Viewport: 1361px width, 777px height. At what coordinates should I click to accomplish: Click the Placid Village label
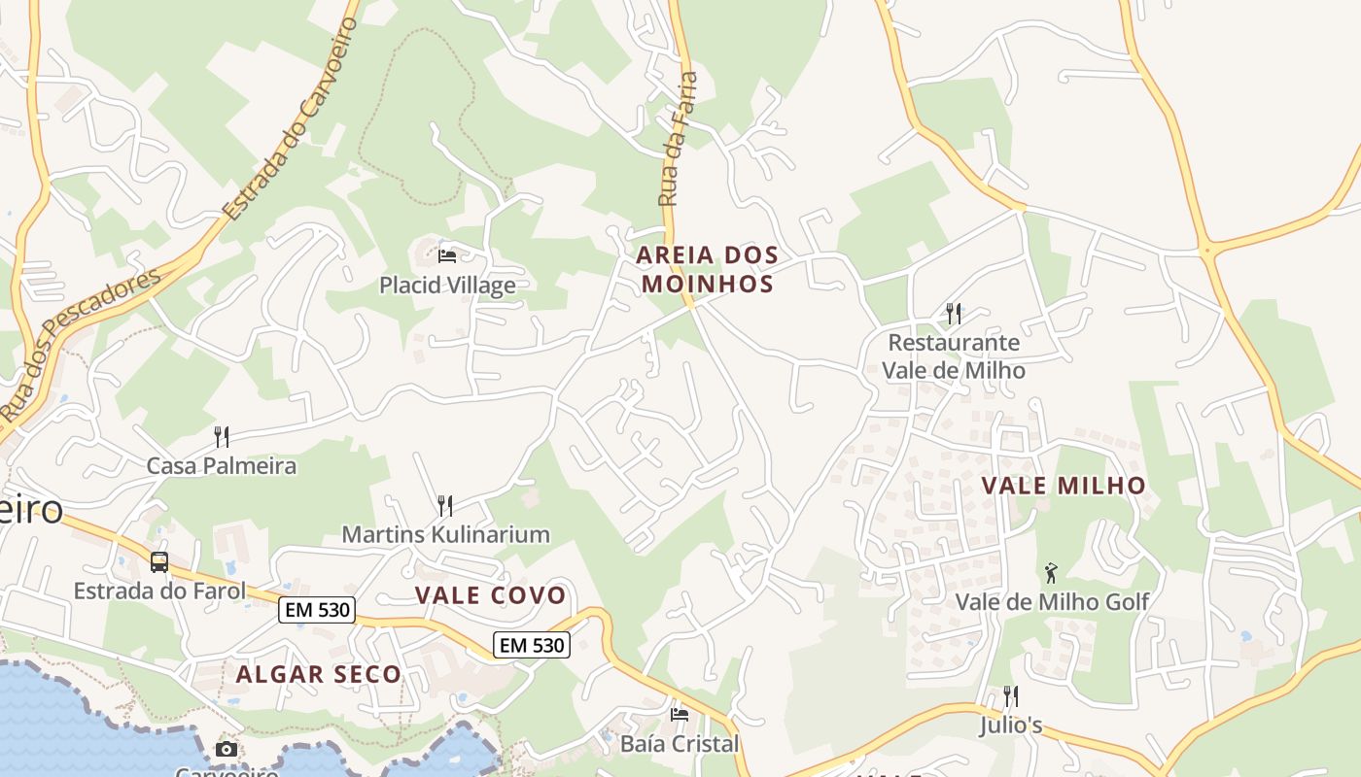tap(447, 286)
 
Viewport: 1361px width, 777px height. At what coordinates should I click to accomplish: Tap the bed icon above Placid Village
tap(447, 256)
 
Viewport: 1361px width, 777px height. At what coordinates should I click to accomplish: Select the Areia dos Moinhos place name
tap(708, 270)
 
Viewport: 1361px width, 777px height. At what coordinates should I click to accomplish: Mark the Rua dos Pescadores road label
tap(80, 345)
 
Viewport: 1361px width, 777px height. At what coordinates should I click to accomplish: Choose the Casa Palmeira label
tap(222, 466)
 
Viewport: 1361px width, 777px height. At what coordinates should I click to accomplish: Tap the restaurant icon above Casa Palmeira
tap(222, 436)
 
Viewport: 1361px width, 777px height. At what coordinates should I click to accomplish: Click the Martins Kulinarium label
tap(445, 534)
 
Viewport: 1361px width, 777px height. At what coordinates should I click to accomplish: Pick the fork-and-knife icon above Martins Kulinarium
tap(445, 505)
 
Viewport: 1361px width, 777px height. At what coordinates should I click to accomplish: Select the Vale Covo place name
tap(490, 595)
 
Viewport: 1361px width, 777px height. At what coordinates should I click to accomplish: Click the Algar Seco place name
tap(319, 674)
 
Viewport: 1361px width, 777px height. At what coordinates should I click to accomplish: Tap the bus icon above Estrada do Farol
tap(159, 561)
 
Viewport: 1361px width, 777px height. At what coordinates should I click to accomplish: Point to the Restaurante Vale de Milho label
tap(954, 356)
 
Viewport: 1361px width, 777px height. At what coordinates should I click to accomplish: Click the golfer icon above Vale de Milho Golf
tap(1051, 573)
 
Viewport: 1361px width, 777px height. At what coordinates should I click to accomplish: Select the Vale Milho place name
tap(1064, 486)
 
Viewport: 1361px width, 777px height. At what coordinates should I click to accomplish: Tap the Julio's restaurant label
tap(1011, 726)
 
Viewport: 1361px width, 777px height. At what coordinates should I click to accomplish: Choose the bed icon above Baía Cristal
tap(680, 715)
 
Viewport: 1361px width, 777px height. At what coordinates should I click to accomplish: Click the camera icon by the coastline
tap(227, 749)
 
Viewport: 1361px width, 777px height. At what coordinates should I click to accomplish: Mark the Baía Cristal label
tap(680, 744)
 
